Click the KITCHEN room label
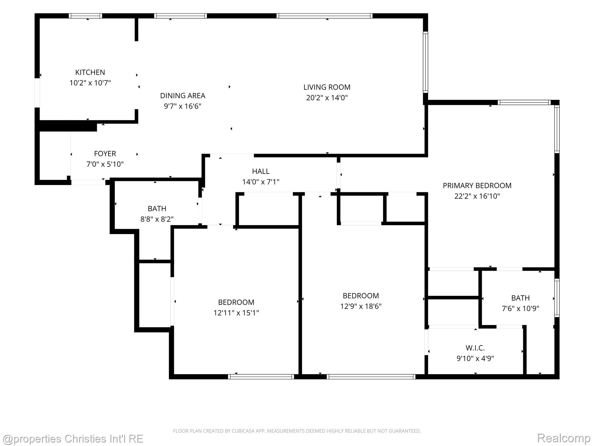90,72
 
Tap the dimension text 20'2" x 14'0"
327,98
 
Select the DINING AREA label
183,96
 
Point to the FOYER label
105,154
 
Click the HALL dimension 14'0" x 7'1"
261,182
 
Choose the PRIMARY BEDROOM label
477,186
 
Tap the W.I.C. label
475,348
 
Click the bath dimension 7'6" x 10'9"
520,308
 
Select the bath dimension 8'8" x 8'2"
157,219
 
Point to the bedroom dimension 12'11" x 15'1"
236,313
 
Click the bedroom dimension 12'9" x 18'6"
361,306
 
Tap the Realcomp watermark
564,438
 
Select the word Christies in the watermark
86,438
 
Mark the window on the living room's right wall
425,62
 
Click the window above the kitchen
86,16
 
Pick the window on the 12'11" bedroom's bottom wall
261,377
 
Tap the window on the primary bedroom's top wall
524,102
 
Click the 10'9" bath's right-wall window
557,298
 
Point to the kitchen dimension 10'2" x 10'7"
90,83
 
